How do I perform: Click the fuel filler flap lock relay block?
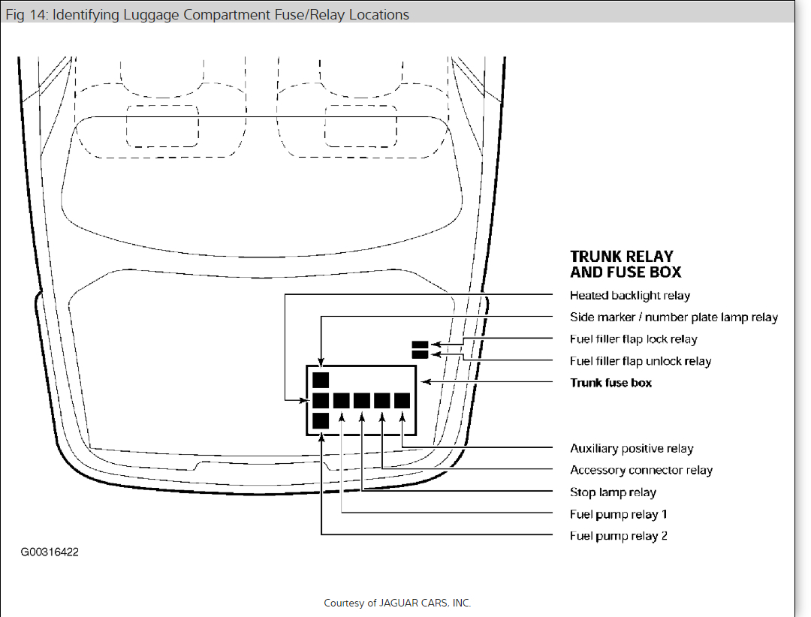tap(420, 345)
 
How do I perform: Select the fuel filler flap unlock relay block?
tap(420, 355)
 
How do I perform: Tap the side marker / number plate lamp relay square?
tap(321, 380)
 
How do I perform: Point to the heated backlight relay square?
tap(321, 400)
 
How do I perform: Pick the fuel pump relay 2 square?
tap(321, 420)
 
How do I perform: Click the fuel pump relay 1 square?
tap(342, 400)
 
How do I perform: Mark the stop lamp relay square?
tap(362, 400)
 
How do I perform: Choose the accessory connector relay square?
tap(382, 400)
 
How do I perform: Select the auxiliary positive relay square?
tap(402, 400)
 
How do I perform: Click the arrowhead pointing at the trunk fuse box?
tap(425, 382)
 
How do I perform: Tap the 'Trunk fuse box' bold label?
tap(611, 383)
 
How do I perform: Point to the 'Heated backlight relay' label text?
tap(630, 296)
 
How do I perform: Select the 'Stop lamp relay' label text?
tap(613, 492)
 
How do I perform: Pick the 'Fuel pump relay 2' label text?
tap(619, 536)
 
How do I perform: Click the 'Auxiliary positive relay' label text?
tap(632, 449)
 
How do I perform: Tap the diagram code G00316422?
tap(50, 552)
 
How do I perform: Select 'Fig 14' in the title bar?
tap(23, 14)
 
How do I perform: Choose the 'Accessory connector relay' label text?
tap(641, 471)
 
